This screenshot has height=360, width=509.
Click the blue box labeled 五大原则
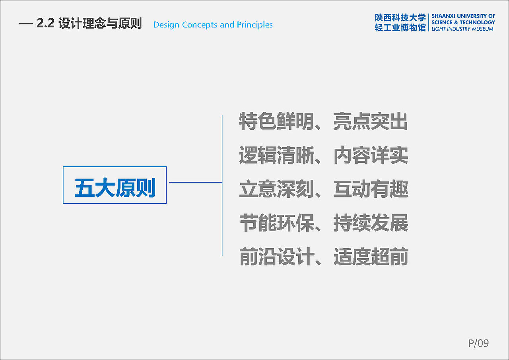115,185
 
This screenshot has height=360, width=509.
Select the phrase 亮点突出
371,121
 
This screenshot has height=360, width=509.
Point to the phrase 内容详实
371,155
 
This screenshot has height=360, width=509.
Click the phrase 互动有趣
371,189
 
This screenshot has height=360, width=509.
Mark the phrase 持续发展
371,223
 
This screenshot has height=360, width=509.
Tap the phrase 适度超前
371,257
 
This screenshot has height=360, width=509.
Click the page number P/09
478,343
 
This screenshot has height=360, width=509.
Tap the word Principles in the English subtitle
255,25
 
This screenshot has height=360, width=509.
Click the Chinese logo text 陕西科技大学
400,18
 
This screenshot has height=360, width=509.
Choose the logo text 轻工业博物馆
400,28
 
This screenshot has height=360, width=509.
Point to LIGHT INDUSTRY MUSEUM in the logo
462,29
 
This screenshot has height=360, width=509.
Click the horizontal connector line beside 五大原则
195,183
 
